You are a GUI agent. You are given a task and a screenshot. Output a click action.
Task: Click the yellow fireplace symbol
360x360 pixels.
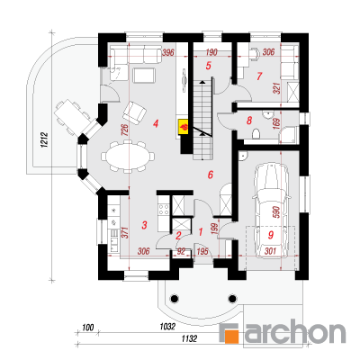click(x=184, y=127)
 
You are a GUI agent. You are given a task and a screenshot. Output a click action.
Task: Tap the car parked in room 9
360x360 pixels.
click(x=272, y=210)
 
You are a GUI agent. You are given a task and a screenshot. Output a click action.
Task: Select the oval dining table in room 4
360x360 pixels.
click(x=128, y=157)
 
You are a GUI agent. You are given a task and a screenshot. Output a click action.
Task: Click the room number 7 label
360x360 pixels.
click(x=259, y=76)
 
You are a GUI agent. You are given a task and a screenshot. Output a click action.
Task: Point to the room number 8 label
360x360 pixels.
click(x=249, y=121)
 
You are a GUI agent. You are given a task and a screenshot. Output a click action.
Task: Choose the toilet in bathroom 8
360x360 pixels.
click(x=256, y=134)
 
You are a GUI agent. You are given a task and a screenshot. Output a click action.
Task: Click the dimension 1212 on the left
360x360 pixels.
click(x=45, y=139)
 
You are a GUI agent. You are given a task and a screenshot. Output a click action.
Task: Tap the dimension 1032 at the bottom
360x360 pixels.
click(x=167, y=326)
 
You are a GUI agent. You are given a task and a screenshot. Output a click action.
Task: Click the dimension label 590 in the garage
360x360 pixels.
click(x=276, y=211)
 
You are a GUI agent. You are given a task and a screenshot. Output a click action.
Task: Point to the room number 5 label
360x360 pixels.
click(x=209, y=66)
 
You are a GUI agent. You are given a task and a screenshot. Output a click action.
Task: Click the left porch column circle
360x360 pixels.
click(x=174, y=298)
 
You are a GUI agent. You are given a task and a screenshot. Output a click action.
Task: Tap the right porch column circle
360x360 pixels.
click(x=232, y=298)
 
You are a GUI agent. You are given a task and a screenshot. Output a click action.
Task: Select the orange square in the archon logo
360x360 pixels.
click(x=233, y=337)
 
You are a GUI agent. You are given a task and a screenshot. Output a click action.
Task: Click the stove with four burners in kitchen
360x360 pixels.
click(x=164, y=210)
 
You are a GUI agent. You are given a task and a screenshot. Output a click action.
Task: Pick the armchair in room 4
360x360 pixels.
click(x=134, y=112)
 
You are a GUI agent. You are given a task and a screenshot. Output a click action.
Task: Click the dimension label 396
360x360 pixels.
click(x=168, y=53)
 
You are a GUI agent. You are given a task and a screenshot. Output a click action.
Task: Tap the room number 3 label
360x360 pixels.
click(x=144, y=225)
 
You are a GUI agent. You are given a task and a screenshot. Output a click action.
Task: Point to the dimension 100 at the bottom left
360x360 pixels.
click(x=88, y=327)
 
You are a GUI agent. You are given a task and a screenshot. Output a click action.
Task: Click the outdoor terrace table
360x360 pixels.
click(x=73, y=115)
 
